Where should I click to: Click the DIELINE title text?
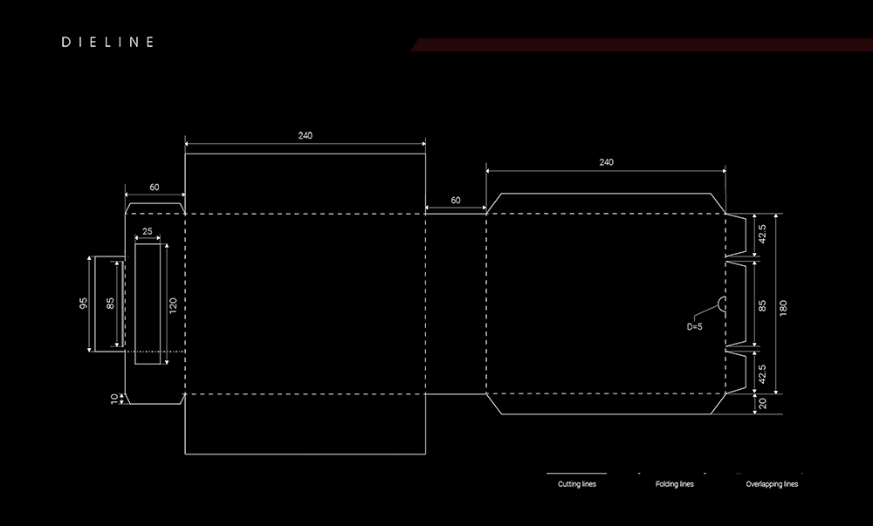click(108, 42)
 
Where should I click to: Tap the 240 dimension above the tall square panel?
click(305, 135)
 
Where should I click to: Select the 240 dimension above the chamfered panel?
click(606, 162)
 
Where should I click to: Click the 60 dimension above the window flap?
click(155, 187)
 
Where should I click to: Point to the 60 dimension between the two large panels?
click(455, 200)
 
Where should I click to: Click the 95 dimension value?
click(83, 304)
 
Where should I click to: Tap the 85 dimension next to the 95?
click(109, 304)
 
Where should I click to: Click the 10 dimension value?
click(113, 398)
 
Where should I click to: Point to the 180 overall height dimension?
click(783, 307)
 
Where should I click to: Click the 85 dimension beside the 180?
click(762, 307)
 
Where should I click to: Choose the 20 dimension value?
click(762, 403)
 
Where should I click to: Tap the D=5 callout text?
click(694, 327)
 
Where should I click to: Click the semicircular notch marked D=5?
click(722, 304)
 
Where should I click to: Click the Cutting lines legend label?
click(577, 484)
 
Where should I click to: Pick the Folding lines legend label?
click(675, 484)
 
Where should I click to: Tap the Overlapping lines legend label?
click(772, 484)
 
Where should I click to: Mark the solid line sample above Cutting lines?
click(576, 473)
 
